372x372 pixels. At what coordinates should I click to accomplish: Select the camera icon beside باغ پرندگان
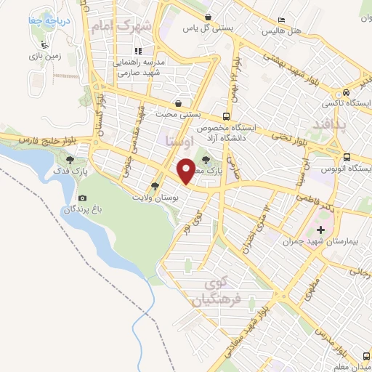point(82,198)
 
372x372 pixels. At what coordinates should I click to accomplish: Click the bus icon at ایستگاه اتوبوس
point(347,157)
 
